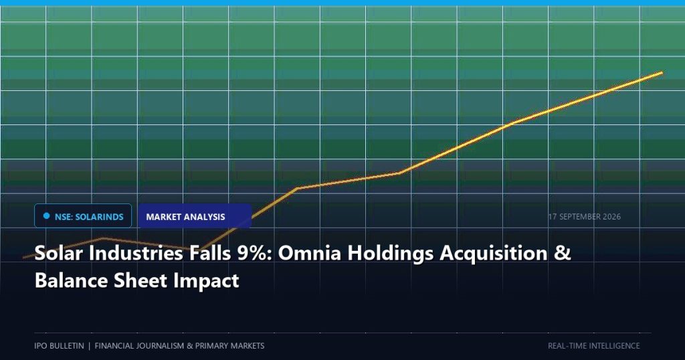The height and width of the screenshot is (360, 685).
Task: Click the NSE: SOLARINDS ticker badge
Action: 83,216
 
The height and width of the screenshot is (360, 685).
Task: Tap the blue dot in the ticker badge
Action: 47,216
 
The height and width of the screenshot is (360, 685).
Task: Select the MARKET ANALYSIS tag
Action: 195,216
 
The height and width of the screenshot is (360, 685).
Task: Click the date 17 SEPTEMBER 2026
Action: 585,217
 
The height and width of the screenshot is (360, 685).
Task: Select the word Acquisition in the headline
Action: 493,254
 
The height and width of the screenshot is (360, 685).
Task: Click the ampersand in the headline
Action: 563,253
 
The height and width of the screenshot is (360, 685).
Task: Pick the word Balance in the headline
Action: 71,280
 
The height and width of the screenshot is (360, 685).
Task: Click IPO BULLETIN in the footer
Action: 59,345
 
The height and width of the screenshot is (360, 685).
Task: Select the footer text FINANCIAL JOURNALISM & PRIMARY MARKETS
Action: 179,345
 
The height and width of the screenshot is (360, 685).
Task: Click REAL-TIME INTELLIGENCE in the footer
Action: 594,345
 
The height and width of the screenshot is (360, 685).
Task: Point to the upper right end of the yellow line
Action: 662,72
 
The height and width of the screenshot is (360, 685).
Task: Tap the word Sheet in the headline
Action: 140,280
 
